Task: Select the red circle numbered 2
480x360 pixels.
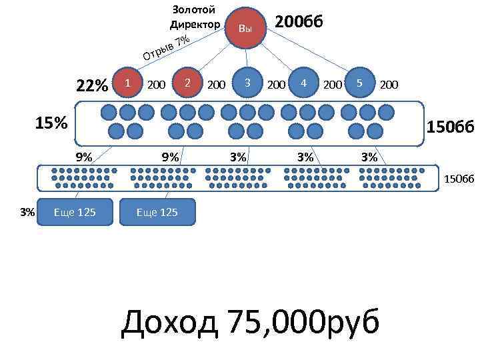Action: click(189, 83)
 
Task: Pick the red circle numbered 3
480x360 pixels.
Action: click(247, 83)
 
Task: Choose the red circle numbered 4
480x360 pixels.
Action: click(303, 83)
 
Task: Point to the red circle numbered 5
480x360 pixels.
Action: click(359, 83)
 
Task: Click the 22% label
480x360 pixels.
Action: click(92, 86)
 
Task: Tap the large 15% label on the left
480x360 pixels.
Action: click(51, 123)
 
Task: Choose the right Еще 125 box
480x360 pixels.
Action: click(157, 212)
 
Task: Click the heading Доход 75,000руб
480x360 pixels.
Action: click(250, 323)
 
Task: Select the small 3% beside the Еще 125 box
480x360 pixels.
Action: click(27, 212)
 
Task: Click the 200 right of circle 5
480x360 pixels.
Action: click(389, 85)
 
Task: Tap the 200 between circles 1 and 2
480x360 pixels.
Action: click(156, 85)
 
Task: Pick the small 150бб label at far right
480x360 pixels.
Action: click(459, 178)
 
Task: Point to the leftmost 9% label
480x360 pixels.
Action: click(84, 158)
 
